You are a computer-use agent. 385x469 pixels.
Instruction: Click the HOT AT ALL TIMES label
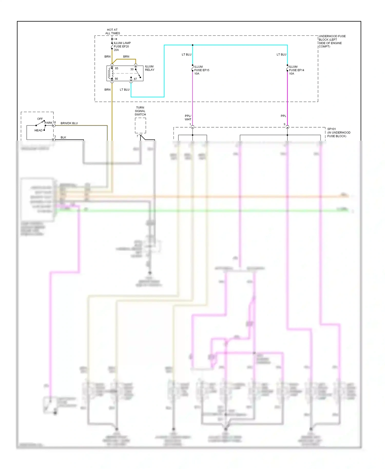(112, 31)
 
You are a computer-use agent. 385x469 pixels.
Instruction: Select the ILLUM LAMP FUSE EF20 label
(122, 46)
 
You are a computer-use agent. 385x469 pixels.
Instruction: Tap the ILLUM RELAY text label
(150, 68)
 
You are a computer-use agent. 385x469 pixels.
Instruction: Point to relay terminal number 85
(117, 69)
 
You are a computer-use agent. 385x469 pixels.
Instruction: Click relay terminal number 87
(135, 79)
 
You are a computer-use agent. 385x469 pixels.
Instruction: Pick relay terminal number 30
(132, 69)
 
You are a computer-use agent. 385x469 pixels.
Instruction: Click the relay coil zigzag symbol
(110, 74)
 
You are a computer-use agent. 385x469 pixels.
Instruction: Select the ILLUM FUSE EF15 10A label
(201, 70)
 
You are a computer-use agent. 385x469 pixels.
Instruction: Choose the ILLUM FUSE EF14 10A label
(296, 70)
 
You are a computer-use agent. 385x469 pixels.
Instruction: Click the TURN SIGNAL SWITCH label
(140, 111)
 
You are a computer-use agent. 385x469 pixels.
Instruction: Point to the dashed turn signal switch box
(140, 125)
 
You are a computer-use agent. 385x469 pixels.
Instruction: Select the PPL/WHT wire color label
(188, 118)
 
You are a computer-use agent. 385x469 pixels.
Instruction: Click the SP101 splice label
(338, 133)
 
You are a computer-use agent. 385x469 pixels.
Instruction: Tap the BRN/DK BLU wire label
(69, 123)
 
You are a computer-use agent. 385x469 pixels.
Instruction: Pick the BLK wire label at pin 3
(63, 138)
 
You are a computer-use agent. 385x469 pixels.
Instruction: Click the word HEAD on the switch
(38, 130)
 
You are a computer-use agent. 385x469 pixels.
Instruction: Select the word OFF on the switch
(40, 119)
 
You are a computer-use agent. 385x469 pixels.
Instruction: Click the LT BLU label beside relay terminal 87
(124, 90)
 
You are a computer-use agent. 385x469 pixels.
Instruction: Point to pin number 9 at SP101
(284, 124)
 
